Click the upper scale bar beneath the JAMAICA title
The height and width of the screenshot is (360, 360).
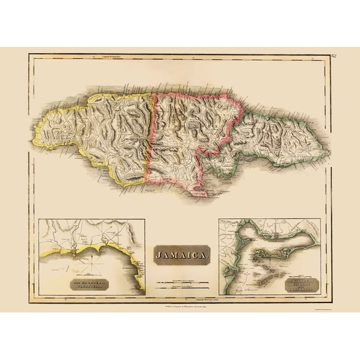[181, 274]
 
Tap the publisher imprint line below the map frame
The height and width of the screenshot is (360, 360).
[180, 304]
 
